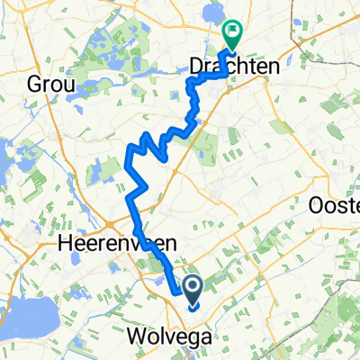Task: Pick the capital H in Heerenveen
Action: point(62,243)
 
